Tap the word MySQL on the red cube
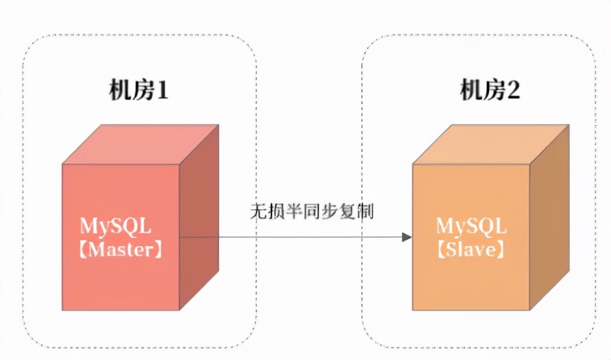click(x=116, y=227)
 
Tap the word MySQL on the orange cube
click(x=471, y=227)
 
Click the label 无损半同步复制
click(x=311, y=211)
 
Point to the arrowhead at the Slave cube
click(x=407, y=237)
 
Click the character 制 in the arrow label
click(x=366, y=211)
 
